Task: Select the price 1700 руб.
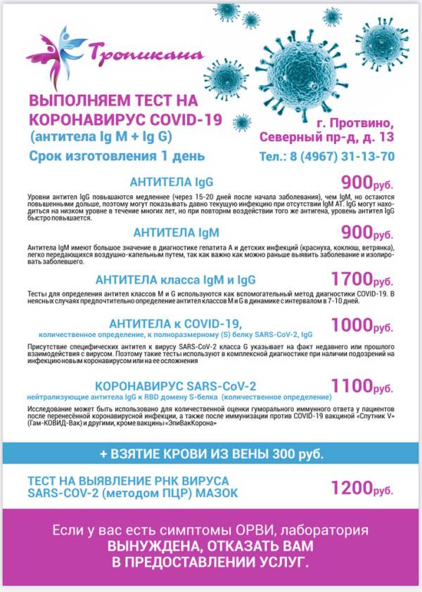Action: click(x=362, y=279)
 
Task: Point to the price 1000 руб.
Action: click(x=362, y=325)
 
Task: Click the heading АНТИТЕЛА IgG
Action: click(x=175, y=180)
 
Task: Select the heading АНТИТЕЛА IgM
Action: click(x=175, y=232)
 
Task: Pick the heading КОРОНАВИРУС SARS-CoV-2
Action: click(x=175, y=386)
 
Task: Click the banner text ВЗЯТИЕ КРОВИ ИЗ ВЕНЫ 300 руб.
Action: click(x=212, y=454)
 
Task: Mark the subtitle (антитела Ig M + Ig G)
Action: click(x=99, y=135)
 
